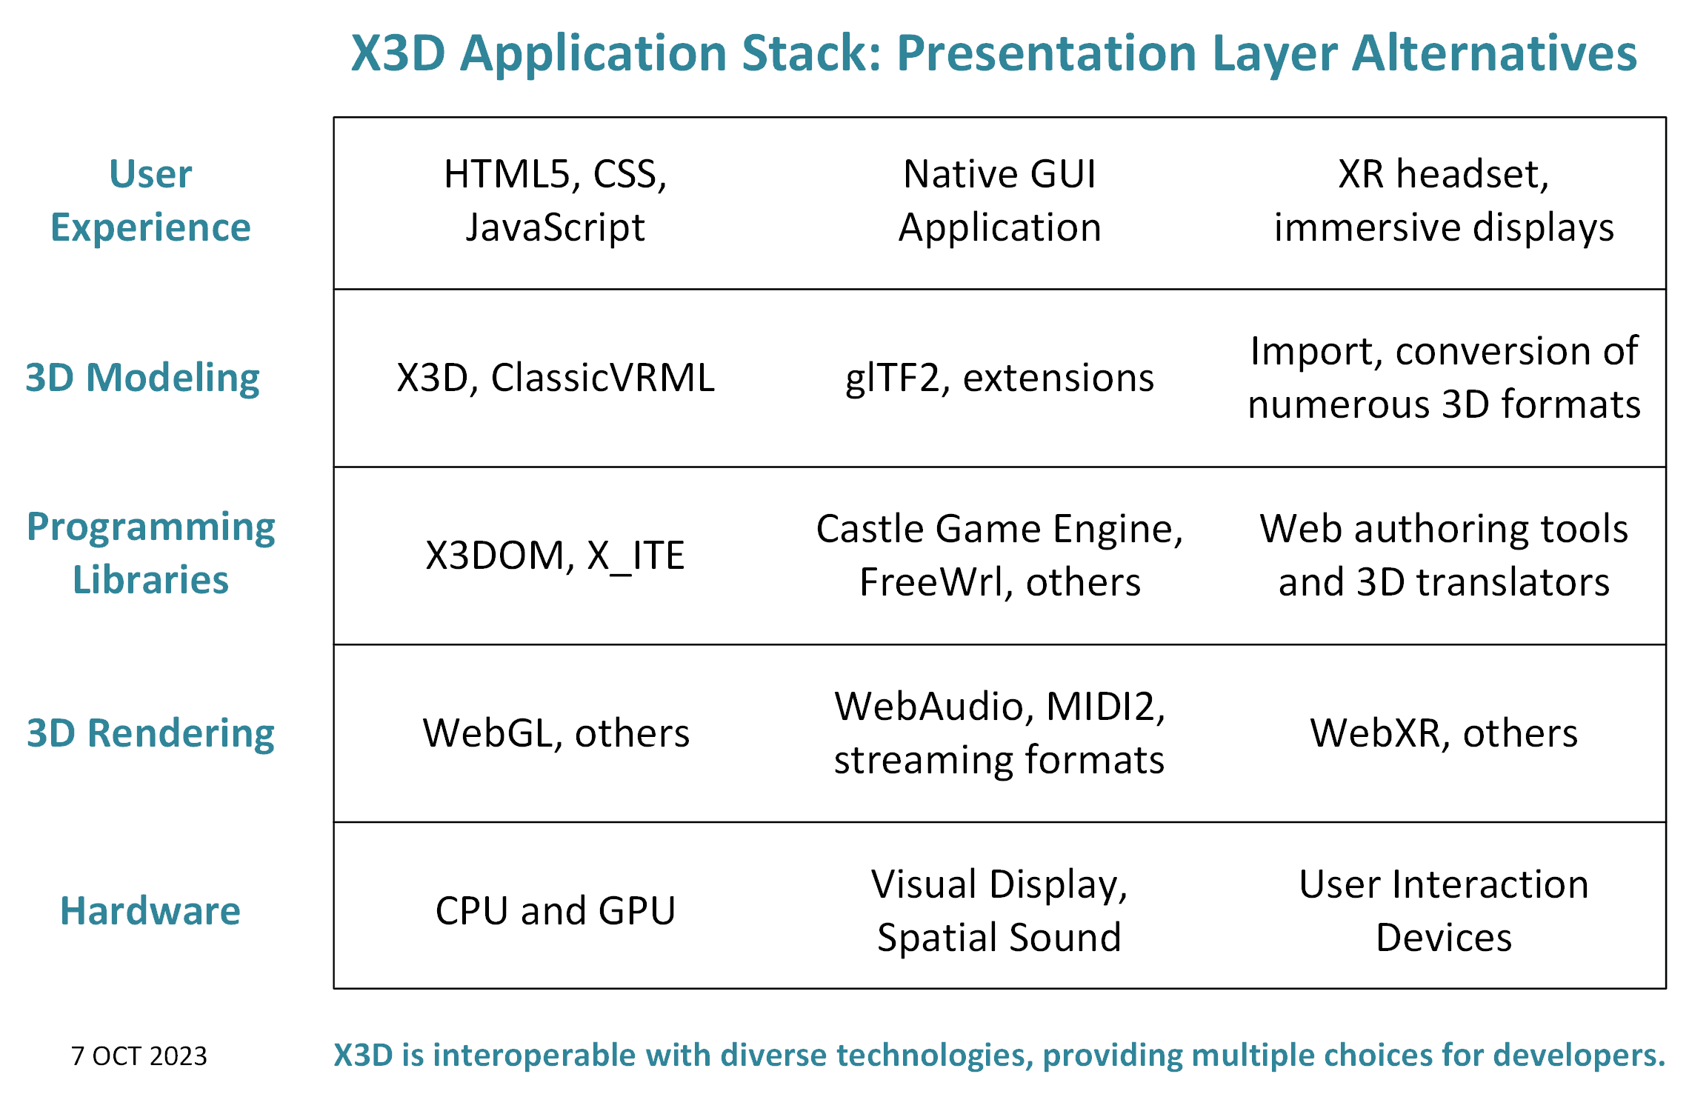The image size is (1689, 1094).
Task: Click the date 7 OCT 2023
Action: click(139, 1055)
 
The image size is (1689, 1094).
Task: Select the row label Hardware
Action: click(150, 910)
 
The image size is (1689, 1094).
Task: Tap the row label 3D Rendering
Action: click(150, 733)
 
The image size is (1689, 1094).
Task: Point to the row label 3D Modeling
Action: click(142, 378)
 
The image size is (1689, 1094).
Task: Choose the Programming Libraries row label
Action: click(150, 553)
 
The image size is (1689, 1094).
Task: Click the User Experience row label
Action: click(150, 201)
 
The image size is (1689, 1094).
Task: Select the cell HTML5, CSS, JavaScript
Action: click(556, 201)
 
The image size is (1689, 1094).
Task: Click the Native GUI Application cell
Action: click(1000, 201)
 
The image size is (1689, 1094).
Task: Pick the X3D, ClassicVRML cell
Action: click(556, 378)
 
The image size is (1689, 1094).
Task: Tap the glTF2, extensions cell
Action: click(1000, 378)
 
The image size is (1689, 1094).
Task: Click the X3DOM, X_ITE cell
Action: click(556, 556)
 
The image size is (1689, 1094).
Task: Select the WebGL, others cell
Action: click(556, 733)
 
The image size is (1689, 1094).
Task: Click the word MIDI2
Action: click(1105, 707)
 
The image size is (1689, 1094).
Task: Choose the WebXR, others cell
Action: click(1444, 733)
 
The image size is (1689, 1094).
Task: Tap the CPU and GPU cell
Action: click(556, 910)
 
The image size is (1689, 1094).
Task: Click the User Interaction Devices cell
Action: click(1444, 911)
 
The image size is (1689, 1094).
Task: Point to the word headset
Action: click(1473, 175)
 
